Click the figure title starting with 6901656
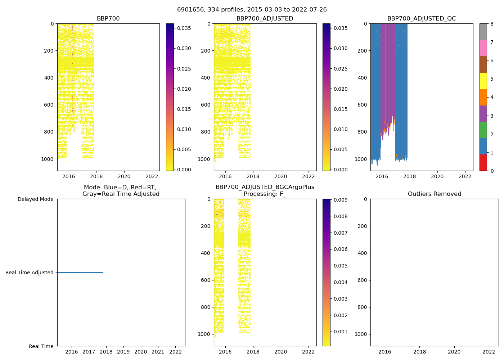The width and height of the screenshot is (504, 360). [252, 10]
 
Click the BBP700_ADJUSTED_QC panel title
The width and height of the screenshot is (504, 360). [421, 19]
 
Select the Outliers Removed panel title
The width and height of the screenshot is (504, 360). [434, 194]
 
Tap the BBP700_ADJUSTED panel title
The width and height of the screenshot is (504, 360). [265, 19]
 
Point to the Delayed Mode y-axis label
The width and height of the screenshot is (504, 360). [35, 199]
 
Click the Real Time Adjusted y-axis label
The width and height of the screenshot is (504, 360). [30, 273]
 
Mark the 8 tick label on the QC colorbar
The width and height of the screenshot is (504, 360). [491, 24]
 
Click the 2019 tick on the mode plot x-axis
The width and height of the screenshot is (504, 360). [123, 352]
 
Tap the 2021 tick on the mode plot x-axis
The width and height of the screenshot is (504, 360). [158, 352]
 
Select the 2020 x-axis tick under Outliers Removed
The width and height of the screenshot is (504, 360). [454, 352]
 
